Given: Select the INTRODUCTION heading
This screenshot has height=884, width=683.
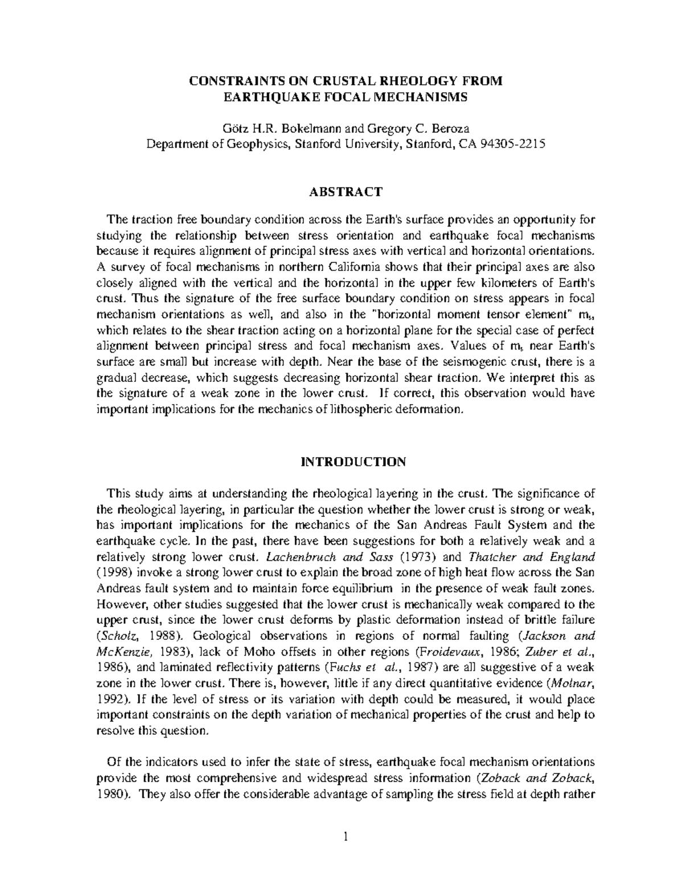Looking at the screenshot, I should click(353, 462).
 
